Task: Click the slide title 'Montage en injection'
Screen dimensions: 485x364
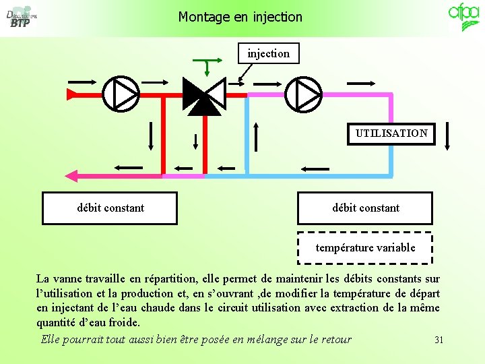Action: tap(240, 17)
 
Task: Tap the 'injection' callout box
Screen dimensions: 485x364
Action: tap(268, 53)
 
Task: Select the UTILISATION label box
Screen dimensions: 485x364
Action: tap(391, 133)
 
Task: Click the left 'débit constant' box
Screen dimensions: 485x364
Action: tap(110, 208)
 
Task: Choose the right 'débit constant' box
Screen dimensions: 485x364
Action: tap(365, 208)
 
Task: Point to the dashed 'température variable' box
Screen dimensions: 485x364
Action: tap(365, 247)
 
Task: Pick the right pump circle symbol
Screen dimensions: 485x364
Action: tap(303, 94)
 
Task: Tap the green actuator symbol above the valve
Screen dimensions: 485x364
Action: tap(206, 65)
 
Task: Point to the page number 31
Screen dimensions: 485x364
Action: tap(439, 340)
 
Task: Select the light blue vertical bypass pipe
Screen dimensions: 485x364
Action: tap(247, 135)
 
